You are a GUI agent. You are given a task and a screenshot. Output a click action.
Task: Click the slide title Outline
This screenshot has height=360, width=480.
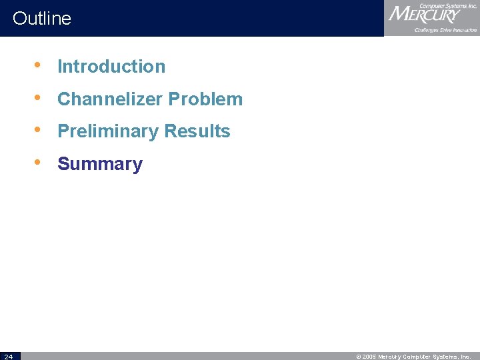(41, 18)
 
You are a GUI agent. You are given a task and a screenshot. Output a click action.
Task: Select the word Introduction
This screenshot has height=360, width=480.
(111, 67)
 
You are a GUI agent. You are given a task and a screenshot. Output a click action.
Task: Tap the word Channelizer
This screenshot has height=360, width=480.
(110, 99)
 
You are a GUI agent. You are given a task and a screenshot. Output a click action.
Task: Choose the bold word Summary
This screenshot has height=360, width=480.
(100, 164)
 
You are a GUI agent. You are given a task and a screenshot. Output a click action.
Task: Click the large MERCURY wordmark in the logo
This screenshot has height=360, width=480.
(424, 15)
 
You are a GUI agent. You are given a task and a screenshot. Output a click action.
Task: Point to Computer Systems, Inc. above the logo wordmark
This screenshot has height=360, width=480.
(448, 5)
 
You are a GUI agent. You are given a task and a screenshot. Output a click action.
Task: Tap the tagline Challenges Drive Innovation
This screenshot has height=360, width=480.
(445, 30)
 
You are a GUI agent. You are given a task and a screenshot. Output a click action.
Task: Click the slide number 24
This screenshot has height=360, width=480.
(7, 356)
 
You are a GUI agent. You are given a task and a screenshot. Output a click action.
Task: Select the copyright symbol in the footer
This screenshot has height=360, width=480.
(359, 357)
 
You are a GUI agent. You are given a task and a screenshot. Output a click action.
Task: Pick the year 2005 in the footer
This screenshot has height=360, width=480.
(369, 357)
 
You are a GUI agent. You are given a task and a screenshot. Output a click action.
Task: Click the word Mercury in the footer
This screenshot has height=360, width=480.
(391, 357)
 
